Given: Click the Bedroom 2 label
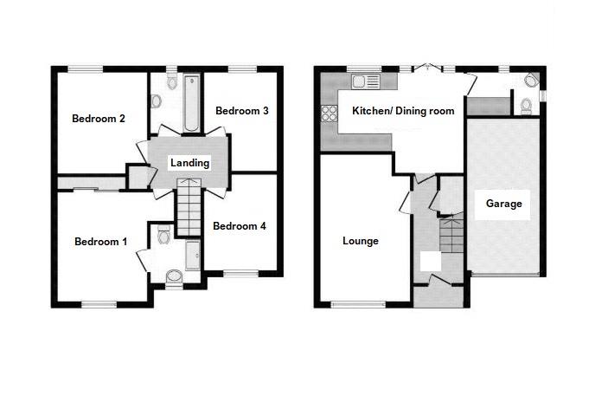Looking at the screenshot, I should click(x=99, y=118).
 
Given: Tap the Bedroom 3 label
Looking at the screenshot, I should click(x=242, y=110).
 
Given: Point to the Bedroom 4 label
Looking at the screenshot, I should click(x=239, y=226).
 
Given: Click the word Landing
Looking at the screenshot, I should click(x=189, y=163).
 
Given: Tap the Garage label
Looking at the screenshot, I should click(x=503, y=204).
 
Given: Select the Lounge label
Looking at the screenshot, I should click(x=360, y=241).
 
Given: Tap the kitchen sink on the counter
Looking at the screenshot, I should click(x=362, y=81).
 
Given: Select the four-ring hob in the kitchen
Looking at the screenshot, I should click(x=329, y=112).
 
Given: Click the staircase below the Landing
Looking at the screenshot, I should click(x=189, y=206).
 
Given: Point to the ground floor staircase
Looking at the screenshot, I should click(x=451, y=234).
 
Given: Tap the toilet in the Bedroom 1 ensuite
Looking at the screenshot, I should click(x=164, y=234).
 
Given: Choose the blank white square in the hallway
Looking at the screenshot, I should click(x=430, y=262).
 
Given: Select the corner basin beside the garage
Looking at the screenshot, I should click(x=531, y=81).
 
